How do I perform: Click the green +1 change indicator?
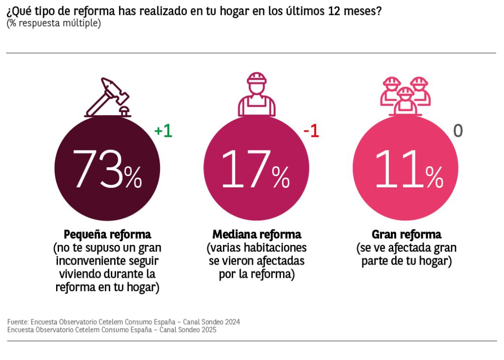(163, 131)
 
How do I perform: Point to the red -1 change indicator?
(311, 131)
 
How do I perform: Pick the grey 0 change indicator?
(458, 131)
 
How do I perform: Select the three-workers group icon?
(407, 94)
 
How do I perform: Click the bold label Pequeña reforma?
(107, 234)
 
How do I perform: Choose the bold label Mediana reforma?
(256, 234)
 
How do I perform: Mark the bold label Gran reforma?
(407, 234)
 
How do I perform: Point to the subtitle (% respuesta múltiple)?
(54, 24)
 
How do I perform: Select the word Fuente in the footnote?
(17, 322)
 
